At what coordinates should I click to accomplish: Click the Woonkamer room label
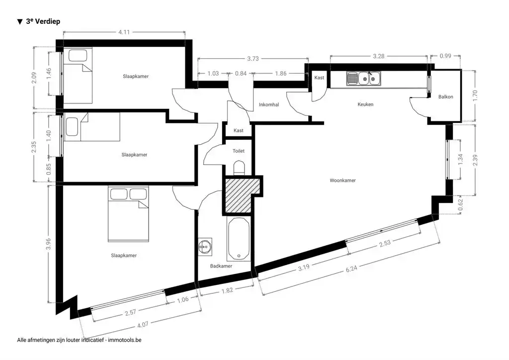pyautogui.click(x=342, y=180)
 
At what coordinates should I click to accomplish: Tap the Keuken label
pyautogui.click(x=365, y=104)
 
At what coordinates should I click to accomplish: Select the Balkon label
pyautogui.click(x=445, y=97)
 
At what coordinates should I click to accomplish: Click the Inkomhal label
pyautogui.click(x=269, y=104)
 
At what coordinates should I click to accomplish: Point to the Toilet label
pyautogui.click(x=238, y=151)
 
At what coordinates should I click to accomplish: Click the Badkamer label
pyautogui.click(x=221, y=266)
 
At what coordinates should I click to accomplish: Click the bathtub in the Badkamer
pyautogui.click(x=239, y=239)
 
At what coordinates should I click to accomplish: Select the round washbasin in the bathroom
pyautogui.click(x=205, y=247)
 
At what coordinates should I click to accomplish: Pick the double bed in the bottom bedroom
pyautogui.click(x=129, y=214)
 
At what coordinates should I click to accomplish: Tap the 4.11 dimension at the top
pyautogui.click(x=124, y=32)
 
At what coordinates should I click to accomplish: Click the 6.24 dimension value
pyautogui.click(x=351, y=268)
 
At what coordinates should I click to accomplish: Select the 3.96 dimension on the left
pyautogui.click(x=48, y=244)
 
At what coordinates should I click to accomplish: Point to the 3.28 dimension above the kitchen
pyautogui.click(x=378, y=56)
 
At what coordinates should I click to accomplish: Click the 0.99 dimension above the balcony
pyautogui.click(x=445, y=56)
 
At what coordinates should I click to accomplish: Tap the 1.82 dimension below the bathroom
pyautogui.click(x=227, y=290)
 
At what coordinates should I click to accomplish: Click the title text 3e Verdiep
pyautogui.click(x=43, y=21)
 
